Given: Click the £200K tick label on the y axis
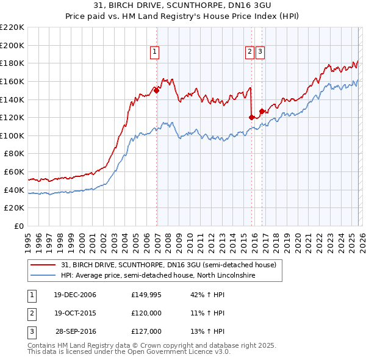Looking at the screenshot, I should point(13,45).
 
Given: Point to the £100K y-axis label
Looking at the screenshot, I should point(13,135).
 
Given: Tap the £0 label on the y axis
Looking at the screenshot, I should point(20,226).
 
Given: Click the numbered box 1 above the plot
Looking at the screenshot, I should point(155,52).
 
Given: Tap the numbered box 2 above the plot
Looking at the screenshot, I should point(250,52).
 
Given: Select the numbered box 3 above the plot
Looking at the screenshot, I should point(260,52).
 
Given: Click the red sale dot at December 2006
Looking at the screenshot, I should point(157,90).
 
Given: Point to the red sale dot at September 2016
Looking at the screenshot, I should point(262,111).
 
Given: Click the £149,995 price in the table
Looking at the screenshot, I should point(146,295).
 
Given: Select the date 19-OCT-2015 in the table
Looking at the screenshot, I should point(75,313).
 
